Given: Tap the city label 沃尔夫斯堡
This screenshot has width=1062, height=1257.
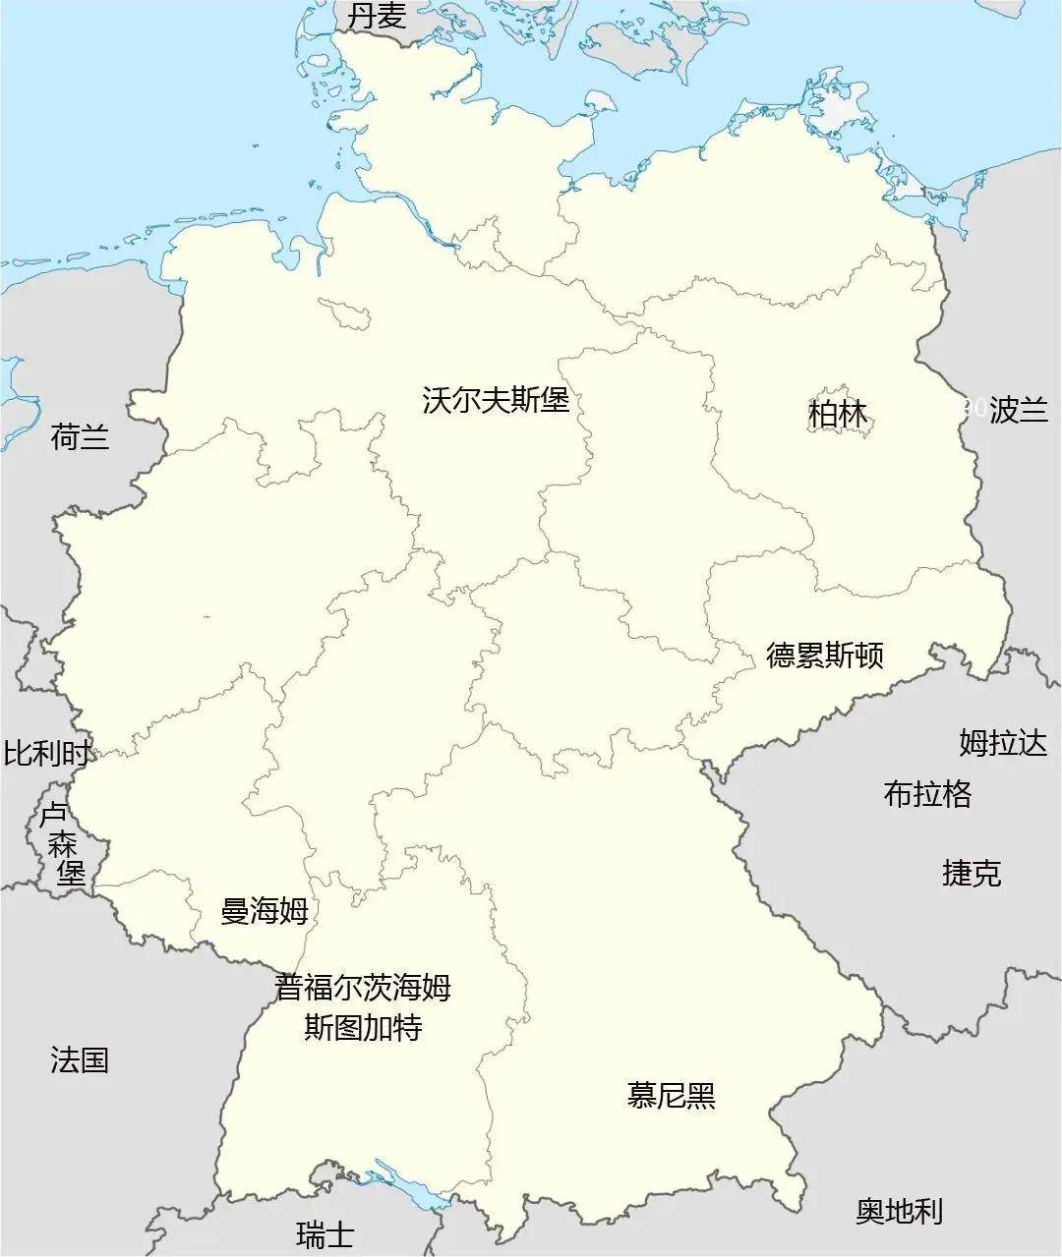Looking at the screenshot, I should coord(496,400).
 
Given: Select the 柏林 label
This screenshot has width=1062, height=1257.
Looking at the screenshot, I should coord(838,414).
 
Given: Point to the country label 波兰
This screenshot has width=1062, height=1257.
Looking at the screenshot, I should coord(1019,410).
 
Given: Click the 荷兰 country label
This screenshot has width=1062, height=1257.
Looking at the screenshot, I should coord(80,436).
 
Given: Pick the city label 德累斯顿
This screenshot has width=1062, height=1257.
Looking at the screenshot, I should coord(824,655).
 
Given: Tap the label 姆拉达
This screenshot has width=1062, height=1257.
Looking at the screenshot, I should coord(1003,743).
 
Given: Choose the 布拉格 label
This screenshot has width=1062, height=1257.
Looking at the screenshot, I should coord(927,793).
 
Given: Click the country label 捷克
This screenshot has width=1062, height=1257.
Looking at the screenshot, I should coord(972,873).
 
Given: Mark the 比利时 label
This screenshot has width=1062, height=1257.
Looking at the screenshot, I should coord(46,754).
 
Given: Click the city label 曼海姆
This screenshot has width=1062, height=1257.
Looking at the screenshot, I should coord(264,911).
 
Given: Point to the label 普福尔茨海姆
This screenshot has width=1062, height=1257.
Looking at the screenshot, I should coord(363,987).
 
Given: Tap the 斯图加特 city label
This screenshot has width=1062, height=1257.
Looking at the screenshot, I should coord(363,1027).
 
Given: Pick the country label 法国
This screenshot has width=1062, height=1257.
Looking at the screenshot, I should coord(80,1059).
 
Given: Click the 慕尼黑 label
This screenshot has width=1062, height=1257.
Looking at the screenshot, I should coord(671,1095).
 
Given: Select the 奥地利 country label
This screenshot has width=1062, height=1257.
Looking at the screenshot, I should coord(899,1212).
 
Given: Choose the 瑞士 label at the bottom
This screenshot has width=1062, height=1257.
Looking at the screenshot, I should coord(324,1234).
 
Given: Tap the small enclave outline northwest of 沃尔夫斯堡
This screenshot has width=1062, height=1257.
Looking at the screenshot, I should coord(345,316).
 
